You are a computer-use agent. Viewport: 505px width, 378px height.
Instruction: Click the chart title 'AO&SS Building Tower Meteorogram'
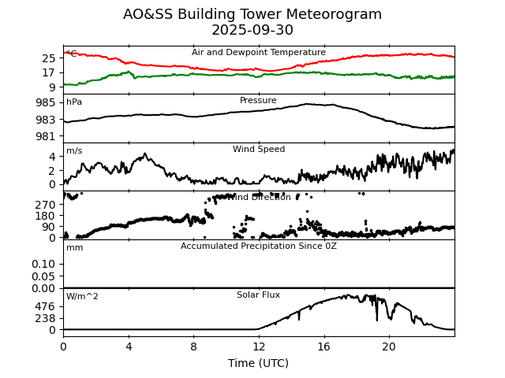pos(252,14)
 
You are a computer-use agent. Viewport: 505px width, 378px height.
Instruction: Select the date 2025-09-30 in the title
pos(252,30)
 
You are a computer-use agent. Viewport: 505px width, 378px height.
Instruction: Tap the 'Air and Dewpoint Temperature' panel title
pos(259,53)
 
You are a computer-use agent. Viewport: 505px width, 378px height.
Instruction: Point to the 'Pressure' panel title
pos(259,101)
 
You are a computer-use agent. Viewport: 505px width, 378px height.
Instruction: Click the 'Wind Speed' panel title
pos(259,150)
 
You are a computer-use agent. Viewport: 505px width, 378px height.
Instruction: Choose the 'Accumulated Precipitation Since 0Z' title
pos(259,246)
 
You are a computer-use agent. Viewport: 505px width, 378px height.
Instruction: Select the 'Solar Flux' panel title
pos(259,295)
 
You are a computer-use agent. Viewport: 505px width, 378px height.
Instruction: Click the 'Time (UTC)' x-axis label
pos(259,363)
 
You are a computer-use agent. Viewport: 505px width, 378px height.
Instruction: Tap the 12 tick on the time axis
pos(259,346)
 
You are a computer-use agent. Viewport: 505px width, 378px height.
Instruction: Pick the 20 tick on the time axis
pos(389,346)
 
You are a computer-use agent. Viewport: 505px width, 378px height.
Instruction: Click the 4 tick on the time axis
pos(129,346)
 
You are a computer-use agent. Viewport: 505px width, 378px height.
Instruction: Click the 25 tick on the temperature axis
pos(49,58)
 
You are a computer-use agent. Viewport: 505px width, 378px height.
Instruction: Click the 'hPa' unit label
pos(74,102)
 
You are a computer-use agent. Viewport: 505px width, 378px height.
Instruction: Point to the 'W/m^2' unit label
pos(82,297)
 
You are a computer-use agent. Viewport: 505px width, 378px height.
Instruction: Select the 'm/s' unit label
pos(74,151)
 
